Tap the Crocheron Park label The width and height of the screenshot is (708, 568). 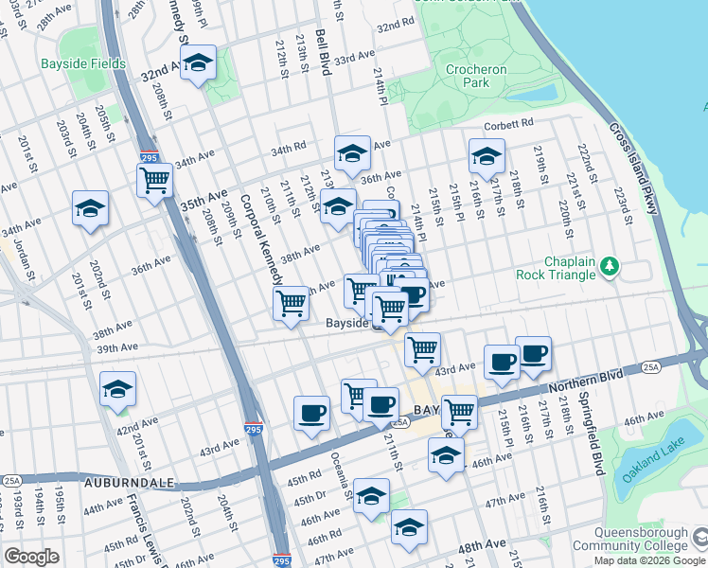477,77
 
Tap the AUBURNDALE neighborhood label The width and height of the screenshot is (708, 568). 130,483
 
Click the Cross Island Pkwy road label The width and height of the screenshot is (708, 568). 631,169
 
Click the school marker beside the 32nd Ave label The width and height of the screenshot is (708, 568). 199,63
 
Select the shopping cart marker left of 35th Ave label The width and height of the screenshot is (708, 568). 154,179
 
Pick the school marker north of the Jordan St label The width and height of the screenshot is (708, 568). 91,208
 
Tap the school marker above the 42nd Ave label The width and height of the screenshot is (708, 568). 118,389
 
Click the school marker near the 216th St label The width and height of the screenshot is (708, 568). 487,156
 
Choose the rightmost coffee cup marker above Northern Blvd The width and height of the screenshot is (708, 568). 533,354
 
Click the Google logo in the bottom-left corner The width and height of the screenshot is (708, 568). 31,557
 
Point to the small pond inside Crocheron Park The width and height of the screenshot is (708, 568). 544,94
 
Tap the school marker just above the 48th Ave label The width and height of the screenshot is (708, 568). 409,528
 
